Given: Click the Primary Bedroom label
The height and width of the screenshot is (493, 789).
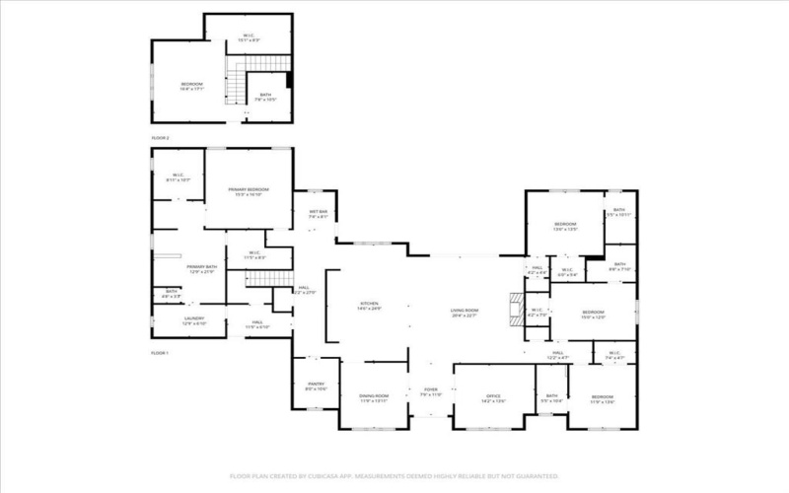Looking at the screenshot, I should (x=249, y=191).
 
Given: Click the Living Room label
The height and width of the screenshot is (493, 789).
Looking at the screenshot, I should (x=464, y=314).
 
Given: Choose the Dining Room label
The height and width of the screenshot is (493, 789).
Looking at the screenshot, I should (x=374, y=398).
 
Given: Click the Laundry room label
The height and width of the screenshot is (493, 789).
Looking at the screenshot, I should (x=193, y=320).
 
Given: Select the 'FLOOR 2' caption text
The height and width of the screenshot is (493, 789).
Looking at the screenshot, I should (x=161, y=138).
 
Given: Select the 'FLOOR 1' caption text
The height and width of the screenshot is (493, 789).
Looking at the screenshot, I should (x=161, y=352).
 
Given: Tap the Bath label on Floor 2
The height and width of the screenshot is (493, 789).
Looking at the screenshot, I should (x=265, y=97).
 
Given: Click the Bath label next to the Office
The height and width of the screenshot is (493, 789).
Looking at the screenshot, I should (x=551, y=398).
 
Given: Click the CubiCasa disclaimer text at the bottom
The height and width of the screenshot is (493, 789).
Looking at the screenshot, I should (x=394, y=474).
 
